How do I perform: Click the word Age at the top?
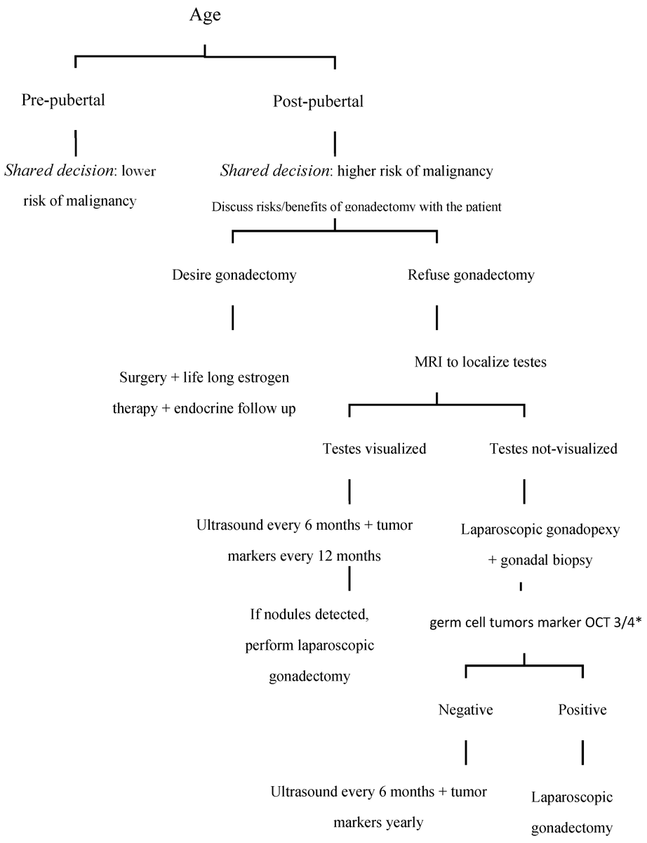click(x=205, y=15)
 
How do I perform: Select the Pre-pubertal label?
click(x=63, y=100)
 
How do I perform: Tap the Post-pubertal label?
click(x=318, y=101)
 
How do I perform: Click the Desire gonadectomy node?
click(x=234, y=275)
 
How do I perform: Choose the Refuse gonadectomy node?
click(x=471, y=275)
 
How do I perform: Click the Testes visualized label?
click(x=374, y=448)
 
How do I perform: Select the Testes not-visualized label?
click(x=553, y=448)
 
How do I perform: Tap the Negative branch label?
click(x=465, y=710)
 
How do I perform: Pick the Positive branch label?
click(x=582, y=710)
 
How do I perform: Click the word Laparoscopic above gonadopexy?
click(x=495, y=530)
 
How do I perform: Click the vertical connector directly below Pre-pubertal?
click(x=76, y=142)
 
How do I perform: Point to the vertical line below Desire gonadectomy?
click(x=232, y=318)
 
